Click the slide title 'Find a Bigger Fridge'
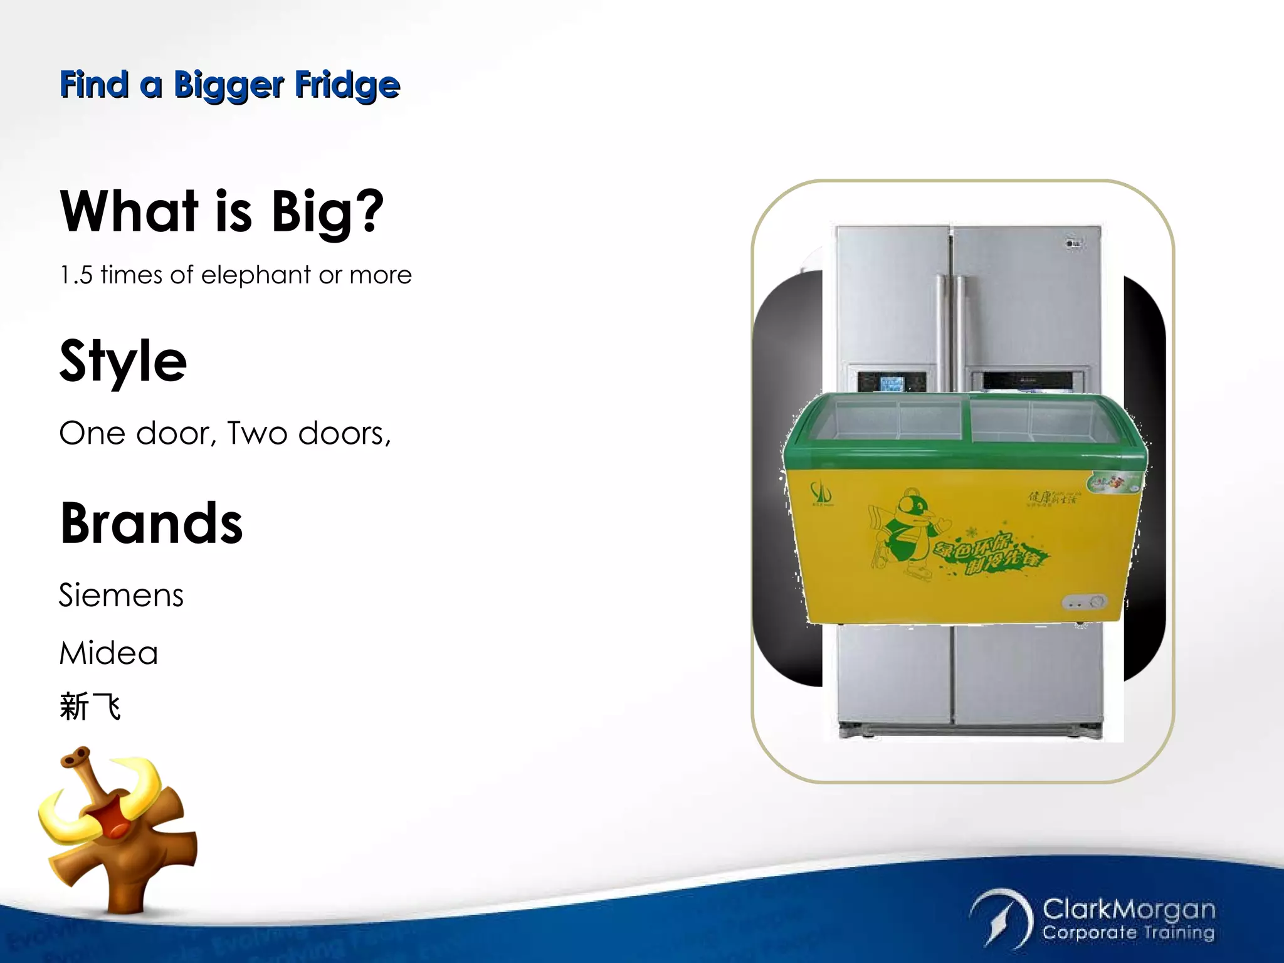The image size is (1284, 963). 229,85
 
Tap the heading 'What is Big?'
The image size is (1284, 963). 221,212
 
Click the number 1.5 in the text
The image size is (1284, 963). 76,275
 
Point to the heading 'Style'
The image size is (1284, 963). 123,361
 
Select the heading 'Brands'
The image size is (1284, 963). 151,524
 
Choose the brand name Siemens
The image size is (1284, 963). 121,595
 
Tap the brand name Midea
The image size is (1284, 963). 108,653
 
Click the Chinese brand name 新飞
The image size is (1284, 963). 90,707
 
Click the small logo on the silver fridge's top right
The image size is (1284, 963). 1074,243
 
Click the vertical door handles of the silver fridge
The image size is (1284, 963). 950,326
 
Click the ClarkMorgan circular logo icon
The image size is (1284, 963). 1001,918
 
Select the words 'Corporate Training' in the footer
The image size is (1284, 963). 1129,933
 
